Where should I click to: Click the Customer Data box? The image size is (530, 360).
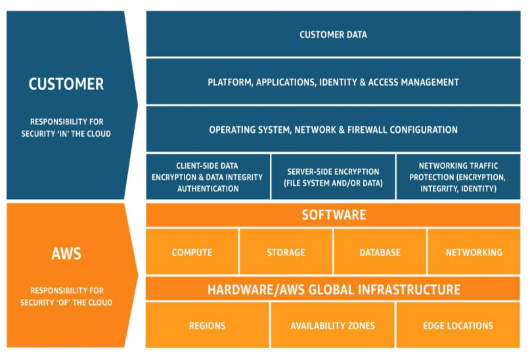click(x=333, y=34)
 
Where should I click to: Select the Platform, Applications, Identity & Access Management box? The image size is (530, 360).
click(x=333, y=82)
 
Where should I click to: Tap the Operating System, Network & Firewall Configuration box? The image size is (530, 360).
click(x=333, y=129)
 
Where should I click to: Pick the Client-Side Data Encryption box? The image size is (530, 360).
click(x=207, y=177)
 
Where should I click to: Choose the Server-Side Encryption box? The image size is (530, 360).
click(x=333, y=177)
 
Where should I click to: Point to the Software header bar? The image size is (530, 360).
click(x=333, y=215)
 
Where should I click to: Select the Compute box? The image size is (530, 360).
click(x=192, y=252)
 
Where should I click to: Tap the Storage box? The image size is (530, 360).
click(x=286, y=252)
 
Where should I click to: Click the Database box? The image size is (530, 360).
click(x=380, y=252)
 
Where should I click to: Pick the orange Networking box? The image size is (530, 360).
click(x=474, y=252)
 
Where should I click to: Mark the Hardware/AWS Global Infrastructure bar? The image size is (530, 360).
click(x=333, y=289)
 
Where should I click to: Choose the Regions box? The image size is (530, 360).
click(x=207, y=325)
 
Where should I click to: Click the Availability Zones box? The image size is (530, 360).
click(x=333, y=325)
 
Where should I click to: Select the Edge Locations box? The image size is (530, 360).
click(x=458, y=325)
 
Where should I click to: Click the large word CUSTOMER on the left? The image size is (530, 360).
click(x=66, y=84)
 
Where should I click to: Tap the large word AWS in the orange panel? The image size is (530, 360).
click(x=66, y=253)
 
